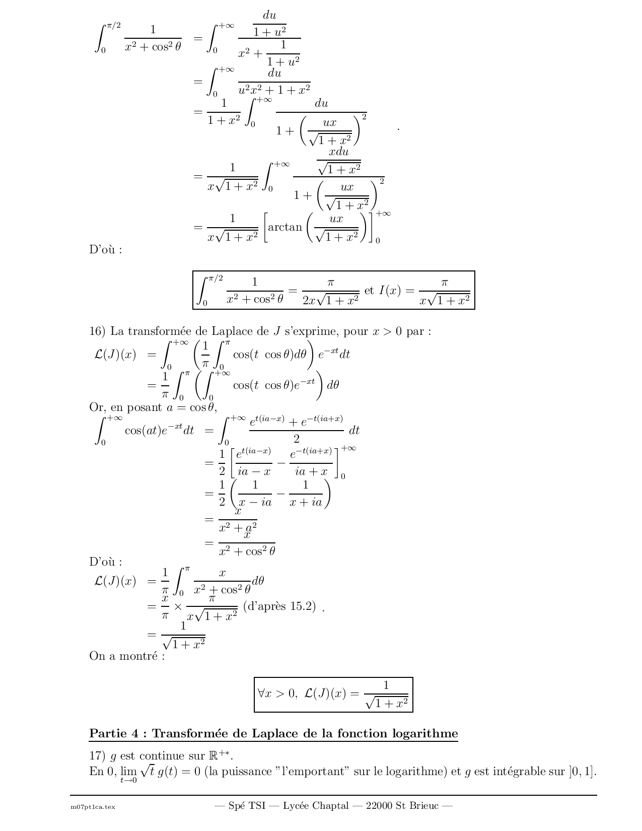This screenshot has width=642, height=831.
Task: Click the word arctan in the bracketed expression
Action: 285,227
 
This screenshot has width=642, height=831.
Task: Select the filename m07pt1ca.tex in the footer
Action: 93,807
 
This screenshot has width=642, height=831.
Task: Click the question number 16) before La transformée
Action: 97,331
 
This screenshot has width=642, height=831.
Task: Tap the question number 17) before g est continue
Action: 97,755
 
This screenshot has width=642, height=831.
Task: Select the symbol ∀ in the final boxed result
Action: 261,694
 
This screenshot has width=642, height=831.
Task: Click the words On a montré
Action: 127,656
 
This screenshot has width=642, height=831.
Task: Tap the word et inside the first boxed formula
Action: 369,291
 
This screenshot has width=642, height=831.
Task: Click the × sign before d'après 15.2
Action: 178,607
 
